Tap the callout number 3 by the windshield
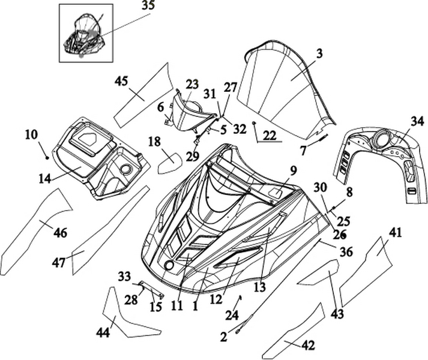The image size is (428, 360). (x=319, y=53)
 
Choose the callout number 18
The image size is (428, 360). (x=154, y=142)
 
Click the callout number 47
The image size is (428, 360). (x=59, y=262)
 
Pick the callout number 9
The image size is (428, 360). (x=293, y=170)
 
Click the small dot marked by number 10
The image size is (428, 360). (x=47, y=157)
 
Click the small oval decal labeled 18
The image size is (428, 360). (x=169, y=161)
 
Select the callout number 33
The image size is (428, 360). (x=124, y=277)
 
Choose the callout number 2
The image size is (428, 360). (x=224, y=337)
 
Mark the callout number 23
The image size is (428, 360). (x=192, y=84)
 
